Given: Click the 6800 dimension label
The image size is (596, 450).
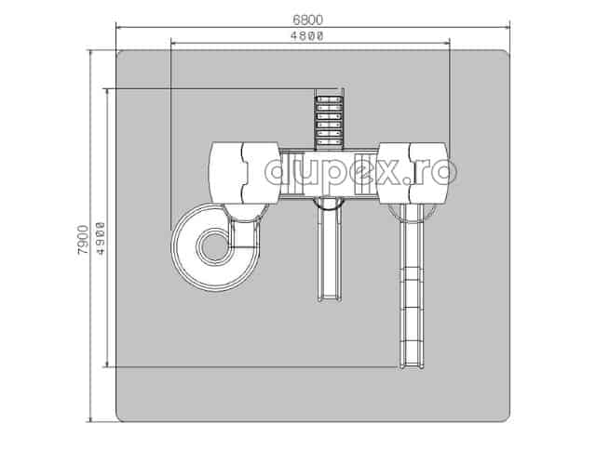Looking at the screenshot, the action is tap(308, 20).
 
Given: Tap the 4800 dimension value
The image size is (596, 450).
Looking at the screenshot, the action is tap(307, 35).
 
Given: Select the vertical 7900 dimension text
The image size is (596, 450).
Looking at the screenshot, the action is tap(83, 240).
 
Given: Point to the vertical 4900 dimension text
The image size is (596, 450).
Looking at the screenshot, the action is tap(101, 239).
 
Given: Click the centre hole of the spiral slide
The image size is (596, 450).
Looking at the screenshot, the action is tap(213, 247).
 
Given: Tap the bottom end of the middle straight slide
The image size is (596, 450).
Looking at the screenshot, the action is tap(329, 299).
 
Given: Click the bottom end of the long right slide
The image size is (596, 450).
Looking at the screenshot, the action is tap(412, 366).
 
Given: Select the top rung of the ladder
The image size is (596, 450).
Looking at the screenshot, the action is tap(329, 99).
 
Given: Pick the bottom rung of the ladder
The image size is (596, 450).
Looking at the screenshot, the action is tap(329, 142).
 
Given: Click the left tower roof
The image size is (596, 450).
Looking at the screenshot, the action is tap(245, 173).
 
